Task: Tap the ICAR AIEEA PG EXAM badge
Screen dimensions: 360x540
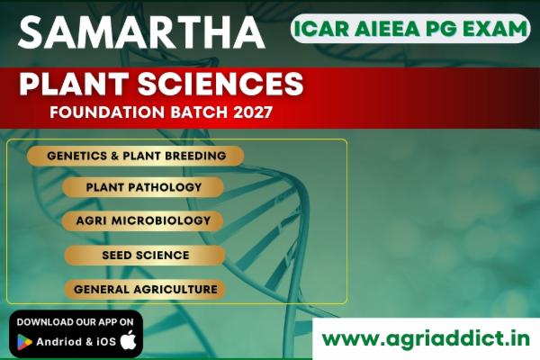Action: [x=409, y=29]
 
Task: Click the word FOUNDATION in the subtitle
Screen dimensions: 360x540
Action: [x=95, y=114]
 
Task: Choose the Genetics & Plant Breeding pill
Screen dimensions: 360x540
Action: [x=136, y=156]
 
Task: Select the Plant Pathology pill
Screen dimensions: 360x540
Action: [x=144, y=187]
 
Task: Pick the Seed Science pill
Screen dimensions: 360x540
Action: [x=144, y=255]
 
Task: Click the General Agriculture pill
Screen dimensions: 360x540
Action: [x=144, y=289]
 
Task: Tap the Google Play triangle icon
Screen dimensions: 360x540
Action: [x=24, y=341]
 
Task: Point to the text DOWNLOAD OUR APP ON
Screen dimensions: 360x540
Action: [x=76, y=321]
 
